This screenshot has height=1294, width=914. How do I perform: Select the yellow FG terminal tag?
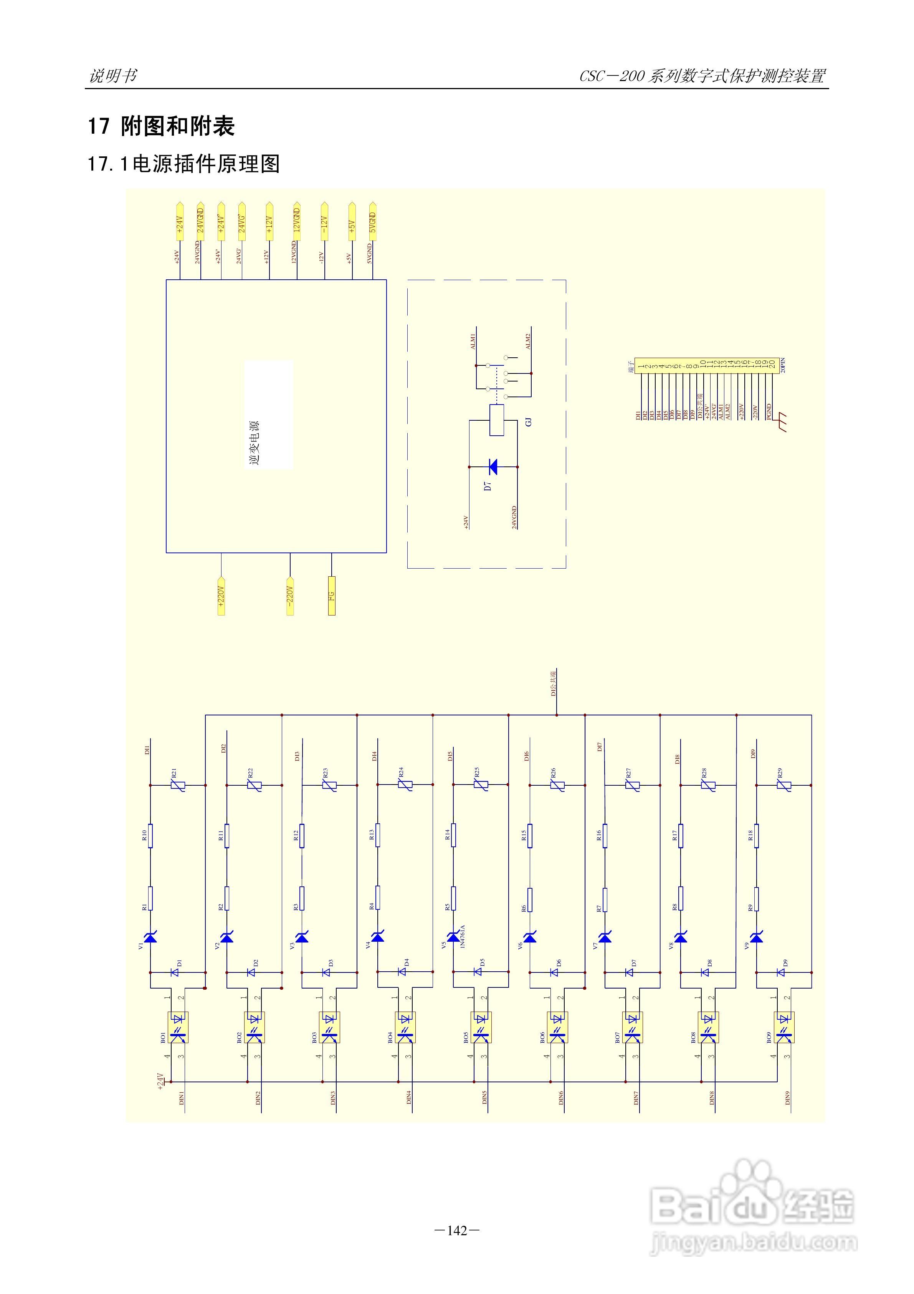click(x=332, y=596)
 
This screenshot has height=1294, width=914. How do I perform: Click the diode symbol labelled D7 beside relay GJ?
click(x=493, y=467)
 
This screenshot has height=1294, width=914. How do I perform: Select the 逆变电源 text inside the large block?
click(x=255, y=443)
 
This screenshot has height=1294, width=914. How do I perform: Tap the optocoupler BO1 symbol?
click(x=179, y=1027)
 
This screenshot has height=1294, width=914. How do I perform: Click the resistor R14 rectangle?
click(x=453, y=834)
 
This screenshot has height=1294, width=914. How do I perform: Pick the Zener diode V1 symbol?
click(x=150, y=937)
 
